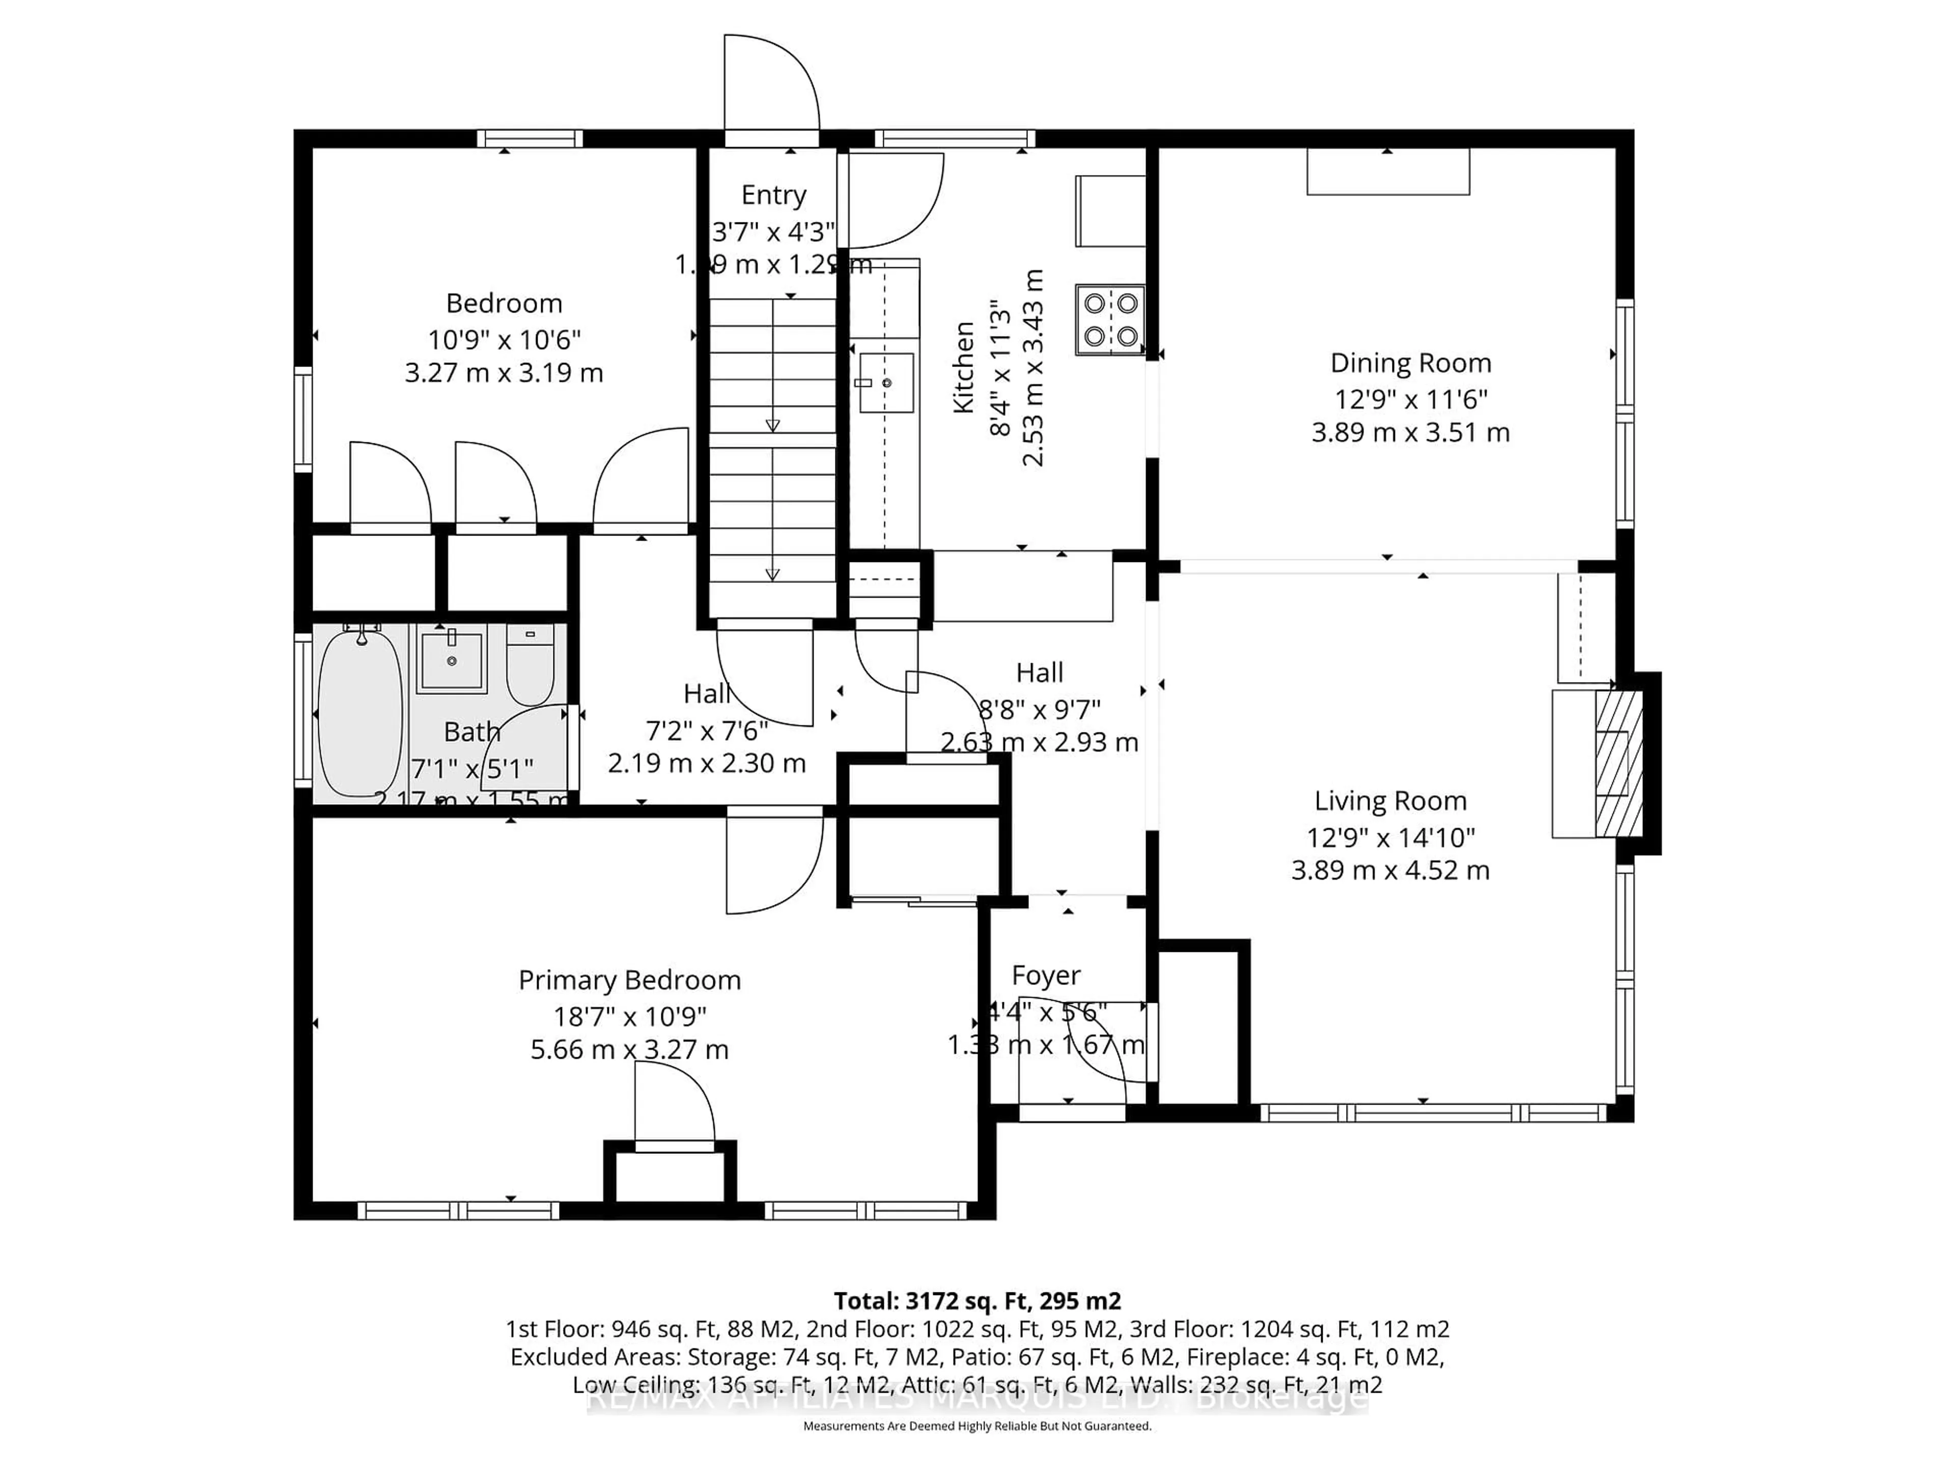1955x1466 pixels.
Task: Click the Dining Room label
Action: tap(1411, 363)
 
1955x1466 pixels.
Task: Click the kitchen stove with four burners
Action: tap(1110, 320)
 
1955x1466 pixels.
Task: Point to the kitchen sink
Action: tap(886, 383)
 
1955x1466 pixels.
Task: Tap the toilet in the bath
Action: tap(530, 664)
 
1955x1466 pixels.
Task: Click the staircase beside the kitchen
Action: tap(772, 442)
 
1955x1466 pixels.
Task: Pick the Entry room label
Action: tap(773, 195)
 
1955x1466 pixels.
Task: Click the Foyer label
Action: tap(1046, 976)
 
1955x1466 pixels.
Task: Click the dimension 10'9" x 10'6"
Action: tap(504, 340)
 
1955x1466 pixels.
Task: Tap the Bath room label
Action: tap(472, 732)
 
